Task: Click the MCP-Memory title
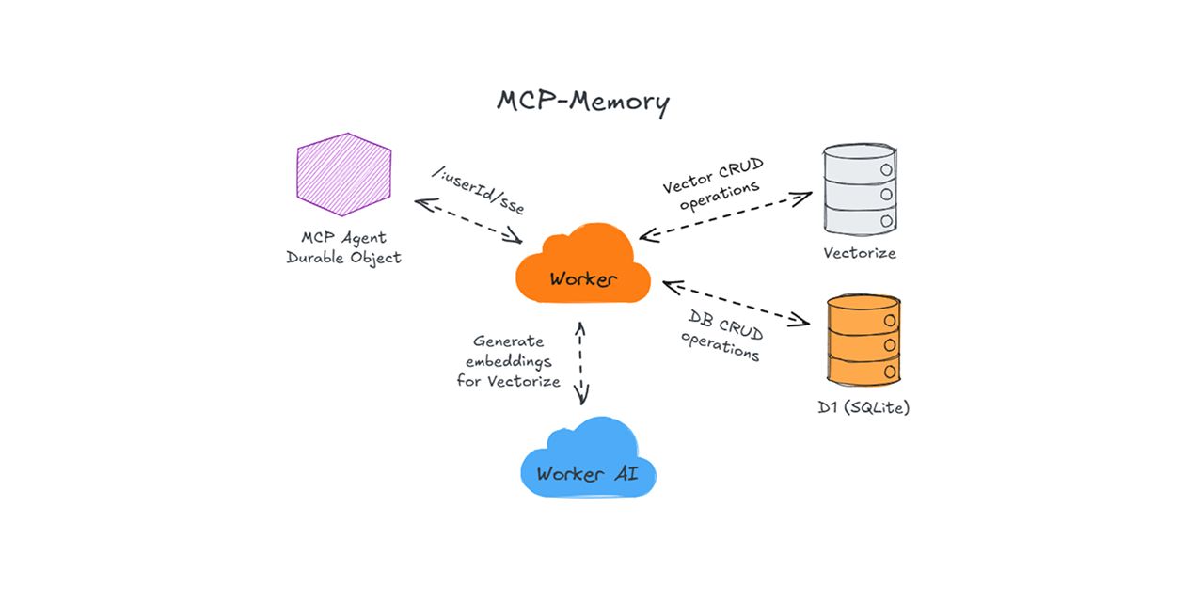click(x=583, y=102)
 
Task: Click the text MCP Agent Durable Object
click(x=343, y=247)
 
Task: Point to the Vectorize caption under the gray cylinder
click(x=859, y=253)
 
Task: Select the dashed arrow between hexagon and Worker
click(x=467, y=221)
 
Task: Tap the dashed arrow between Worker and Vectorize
click(x=724, y=216)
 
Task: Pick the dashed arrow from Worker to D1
click(x=736, y=302)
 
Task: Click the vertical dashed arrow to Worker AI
click(x=582, y=362)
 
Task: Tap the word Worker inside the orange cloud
click(x=583, y=279)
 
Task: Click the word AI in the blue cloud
click(x=626, y=473)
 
